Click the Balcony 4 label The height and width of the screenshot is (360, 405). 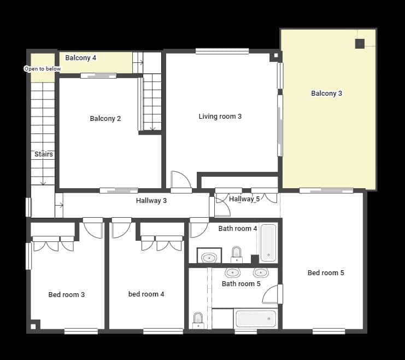click(x=81, y=57)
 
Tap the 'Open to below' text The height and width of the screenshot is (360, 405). click(x=43, y=69)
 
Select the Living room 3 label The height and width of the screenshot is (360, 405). click(x=220, y=116)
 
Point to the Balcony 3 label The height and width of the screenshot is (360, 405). click(x=326, y=94)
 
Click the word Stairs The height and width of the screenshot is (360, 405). click(x=44, y=154)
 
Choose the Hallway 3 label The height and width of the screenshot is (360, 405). click(x=151, y=201)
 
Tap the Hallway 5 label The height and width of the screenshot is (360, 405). click(x=244, y=199)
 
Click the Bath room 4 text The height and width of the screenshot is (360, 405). click(x=238, y=229)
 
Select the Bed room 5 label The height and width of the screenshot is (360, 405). click(x=326, y=273)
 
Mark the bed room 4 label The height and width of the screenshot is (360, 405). click(x=146, y=294)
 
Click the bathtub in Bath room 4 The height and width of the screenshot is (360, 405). click(x=268, y=242)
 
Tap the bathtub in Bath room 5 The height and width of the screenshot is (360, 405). click(x=256, y=318)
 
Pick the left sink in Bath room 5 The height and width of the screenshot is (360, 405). click(x=232, y=272)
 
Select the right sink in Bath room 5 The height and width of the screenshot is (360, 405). click(x=261, y=272)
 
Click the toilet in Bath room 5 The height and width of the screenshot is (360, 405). click(x=198, y=320)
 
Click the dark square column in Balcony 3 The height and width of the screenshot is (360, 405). click(x=360, y=44)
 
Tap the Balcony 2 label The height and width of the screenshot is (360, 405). click(x=105, y=119)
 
